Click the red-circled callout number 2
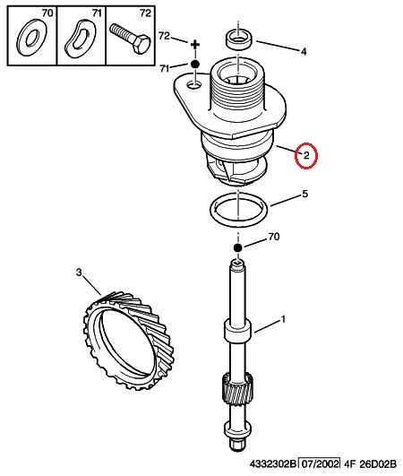[306, 155]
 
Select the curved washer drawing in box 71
[80, 39]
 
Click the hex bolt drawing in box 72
[130, 39]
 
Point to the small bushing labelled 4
[238, 39]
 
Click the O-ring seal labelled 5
[238, 210]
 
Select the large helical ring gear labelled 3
[129, 341]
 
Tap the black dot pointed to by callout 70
[238, 247]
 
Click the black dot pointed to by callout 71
[195, 64]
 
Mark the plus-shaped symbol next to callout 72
[195, 45]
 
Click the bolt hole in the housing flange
[194, 85]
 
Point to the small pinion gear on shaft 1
[238, 389]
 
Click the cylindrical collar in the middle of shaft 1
[238, 330]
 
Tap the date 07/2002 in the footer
[320, 464]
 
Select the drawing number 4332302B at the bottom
[272, 464]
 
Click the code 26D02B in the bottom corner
[378, 464]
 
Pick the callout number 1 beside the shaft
[283, 319]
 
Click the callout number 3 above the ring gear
[79, 273]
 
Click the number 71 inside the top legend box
[97, 13]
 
